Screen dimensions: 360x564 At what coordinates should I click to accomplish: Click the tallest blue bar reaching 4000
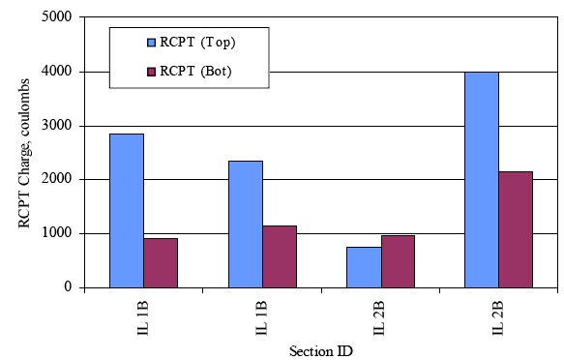coord(481,179)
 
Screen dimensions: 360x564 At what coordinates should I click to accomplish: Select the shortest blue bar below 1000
coord(364,267)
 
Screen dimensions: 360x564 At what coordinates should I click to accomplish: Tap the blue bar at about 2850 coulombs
coord(127,210)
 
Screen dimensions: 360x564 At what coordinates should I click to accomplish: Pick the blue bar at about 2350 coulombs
coord(246,224)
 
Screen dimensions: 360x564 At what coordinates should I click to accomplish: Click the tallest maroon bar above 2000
coord(516,229)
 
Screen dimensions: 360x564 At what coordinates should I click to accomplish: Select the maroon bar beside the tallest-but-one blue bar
coord(161,262)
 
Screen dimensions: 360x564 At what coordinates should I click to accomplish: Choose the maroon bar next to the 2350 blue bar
coord(280,256)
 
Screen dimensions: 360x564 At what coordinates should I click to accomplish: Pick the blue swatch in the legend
coord(151,43)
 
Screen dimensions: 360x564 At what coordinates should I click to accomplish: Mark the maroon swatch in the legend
coord(151,72)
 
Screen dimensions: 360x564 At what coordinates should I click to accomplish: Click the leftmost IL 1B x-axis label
coord(143,315)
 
